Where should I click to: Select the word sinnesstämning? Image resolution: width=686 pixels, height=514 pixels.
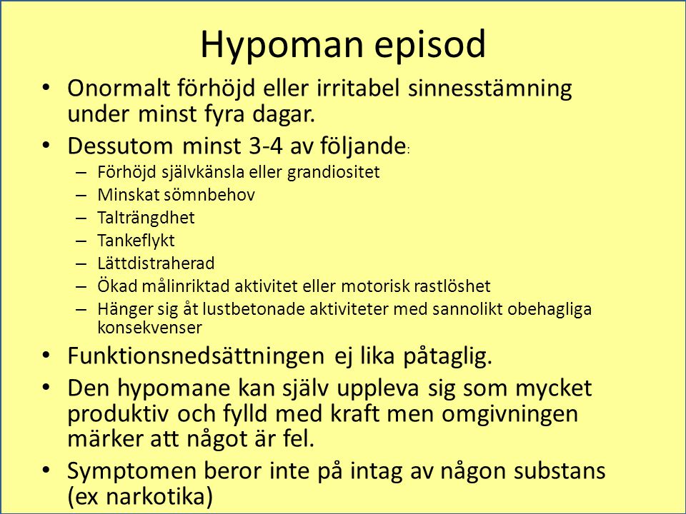tap(490, 89)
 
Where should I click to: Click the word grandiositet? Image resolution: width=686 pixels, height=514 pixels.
tap(334, 172)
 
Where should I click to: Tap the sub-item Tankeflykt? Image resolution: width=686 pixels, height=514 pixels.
tap(136, 241)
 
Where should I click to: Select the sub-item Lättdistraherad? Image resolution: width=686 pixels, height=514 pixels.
tap(156, 263)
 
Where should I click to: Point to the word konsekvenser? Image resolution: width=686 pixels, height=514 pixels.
tap(149, 328)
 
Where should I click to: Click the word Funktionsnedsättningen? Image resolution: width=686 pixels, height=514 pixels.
tap(196, 356)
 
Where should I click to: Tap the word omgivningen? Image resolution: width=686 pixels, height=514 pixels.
tap(509, 414)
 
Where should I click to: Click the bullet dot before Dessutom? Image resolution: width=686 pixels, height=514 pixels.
tap(46, 146)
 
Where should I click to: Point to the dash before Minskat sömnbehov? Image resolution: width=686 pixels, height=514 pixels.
tap(81, 195)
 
